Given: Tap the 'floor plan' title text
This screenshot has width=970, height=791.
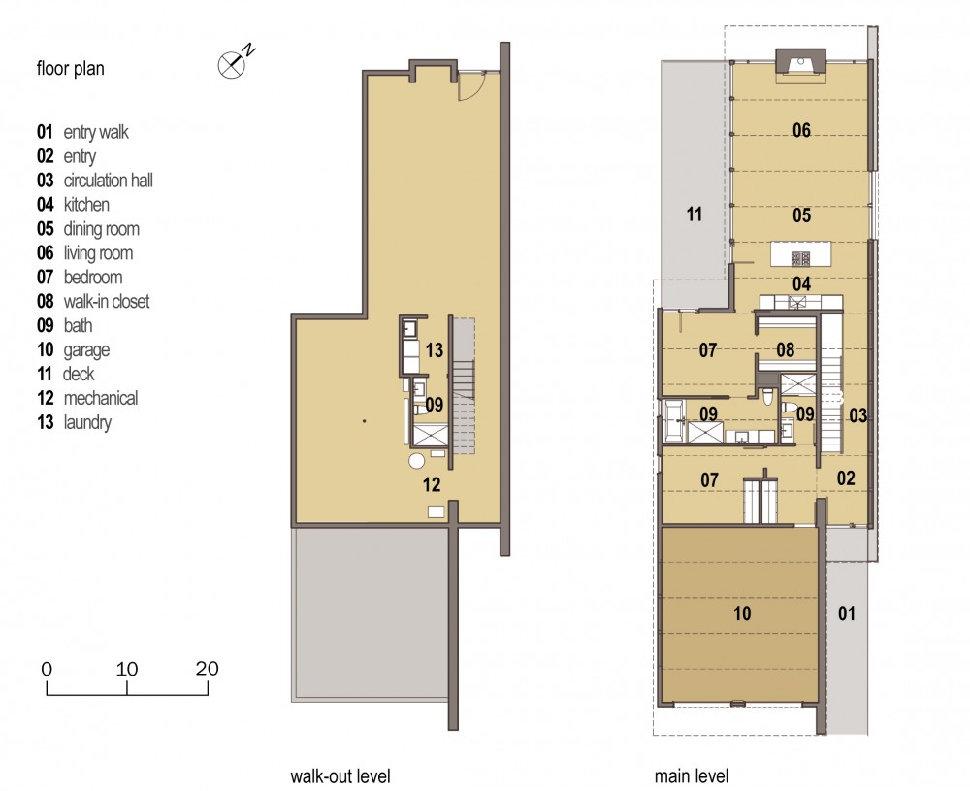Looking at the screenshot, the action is (x=71, y=68).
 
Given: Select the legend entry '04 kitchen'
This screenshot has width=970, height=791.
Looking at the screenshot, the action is (x=73, y=204).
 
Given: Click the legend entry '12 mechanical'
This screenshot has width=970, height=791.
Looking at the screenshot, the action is (x=87, y=398).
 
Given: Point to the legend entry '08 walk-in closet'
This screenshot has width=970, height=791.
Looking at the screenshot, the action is (x=93, y=302).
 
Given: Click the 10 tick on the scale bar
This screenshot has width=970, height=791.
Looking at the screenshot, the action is (x=127, y=688).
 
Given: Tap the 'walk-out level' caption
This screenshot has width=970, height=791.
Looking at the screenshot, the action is (x=340, y=776).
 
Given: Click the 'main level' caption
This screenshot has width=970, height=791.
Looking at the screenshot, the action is (x=692, y=776).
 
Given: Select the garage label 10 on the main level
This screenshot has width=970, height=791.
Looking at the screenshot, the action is (x=742, y=613).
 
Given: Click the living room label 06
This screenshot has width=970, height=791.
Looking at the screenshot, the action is (x=802, y=130).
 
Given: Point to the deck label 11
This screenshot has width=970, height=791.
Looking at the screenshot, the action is (x=695, y=214).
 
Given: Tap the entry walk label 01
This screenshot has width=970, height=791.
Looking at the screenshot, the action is (x=847, y=613).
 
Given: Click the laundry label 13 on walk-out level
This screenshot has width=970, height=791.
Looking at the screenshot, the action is (x=435, y=350).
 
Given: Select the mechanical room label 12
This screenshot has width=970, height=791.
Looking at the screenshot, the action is (x=432, y=484).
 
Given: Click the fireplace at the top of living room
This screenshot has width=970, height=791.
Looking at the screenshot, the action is (x=802, y=64).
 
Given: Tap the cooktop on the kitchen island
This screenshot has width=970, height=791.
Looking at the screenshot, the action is (x=801, y=257).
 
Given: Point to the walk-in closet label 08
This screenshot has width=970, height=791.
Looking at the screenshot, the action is (x=786, y=349).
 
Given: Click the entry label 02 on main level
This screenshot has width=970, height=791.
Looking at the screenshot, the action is (x=846, y=478).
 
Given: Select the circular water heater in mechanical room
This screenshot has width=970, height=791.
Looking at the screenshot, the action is (x=417, y=461).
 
